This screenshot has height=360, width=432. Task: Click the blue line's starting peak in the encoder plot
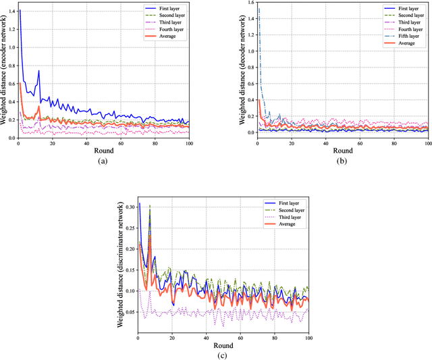(19, 11)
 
